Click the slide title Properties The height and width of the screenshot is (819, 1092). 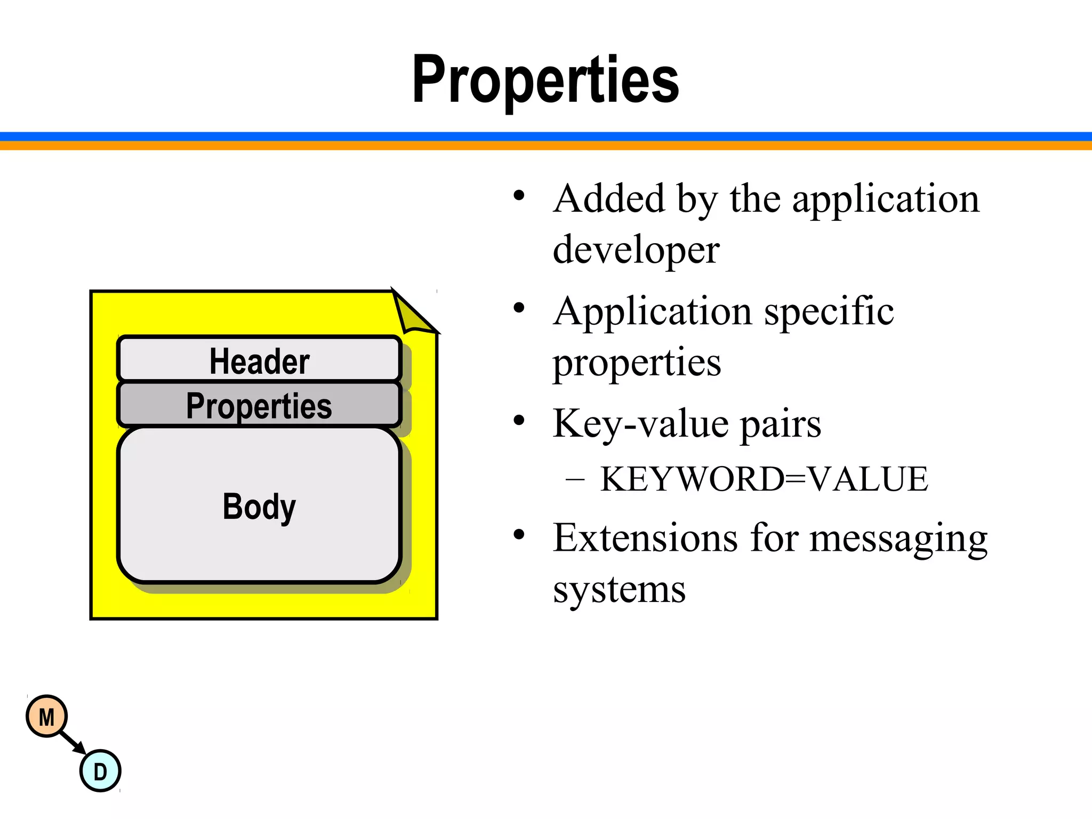545,80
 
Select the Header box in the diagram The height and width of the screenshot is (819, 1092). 259,360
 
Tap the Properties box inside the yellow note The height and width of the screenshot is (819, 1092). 259,405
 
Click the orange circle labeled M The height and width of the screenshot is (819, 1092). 47,717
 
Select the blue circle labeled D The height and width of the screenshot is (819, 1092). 100,771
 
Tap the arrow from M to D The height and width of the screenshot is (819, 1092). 73,743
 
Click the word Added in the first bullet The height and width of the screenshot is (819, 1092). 609,198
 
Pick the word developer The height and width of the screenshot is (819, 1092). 636,250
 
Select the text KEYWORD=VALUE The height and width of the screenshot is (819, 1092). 764,478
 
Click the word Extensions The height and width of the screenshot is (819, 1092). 645,537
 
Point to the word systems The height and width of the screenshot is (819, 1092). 619,589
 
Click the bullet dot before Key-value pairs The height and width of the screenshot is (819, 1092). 519,421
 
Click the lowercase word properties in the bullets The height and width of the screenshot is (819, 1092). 637,363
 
